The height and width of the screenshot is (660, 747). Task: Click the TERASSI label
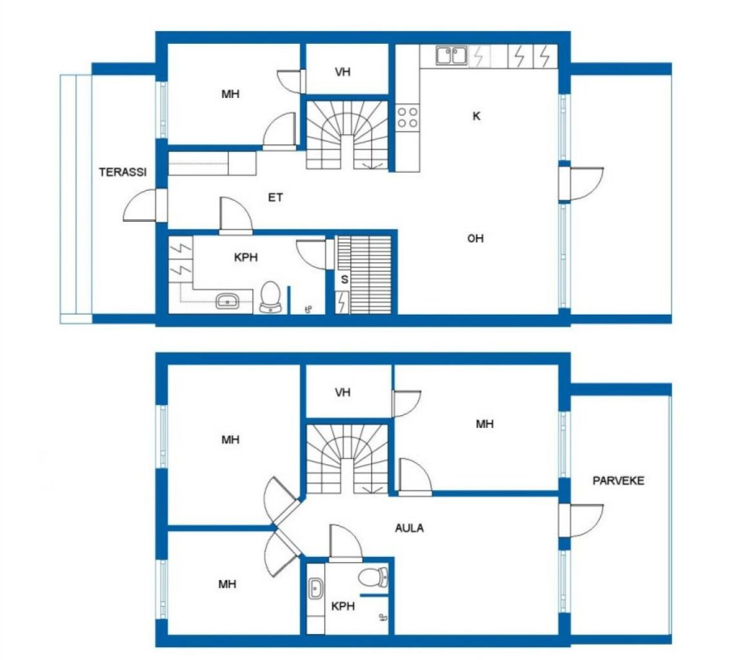coord(123,172)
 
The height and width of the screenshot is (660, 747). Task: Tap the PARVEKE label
coord(618,481)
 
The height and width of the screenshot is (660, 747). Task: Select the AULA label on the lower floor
coord(409,528)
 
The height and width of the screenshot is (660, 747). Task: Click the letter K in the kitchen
coord(477,116)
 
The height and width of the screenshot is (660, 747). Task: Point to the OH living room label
coord(475,238)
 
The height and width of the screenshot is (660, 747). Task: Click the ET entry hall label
coord(275,197)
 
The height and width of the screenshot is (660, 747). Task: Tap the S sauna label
coord(344,280)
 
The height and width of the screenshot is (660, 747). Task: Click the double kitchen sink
coord(452,55)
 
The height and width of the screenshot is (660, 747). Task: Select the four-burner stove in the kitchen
coord(407,117)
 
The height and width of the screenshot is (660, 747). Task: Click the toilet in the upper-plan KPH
coord(270,297)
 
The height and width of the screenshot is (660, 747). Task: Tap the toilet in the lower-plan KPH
coord(373,577)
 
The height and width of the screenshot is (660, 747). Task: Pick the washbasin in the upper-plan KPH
coord(228,301)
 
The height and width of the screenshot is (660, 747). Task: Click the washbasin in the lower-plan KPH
coord(315,588)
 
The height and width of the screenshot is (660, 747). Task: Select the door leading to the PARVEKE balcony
coord(582,521)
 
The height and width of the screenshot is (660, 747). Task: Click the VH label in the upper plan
coord(343,72)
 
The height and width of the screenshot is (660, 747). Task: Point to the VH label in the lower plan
coord(343,393)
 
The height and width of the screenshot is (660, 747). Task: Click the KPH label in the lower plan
coord(343,607)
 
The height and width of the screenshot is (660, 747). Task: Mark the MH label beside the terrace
coord(230,94)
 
